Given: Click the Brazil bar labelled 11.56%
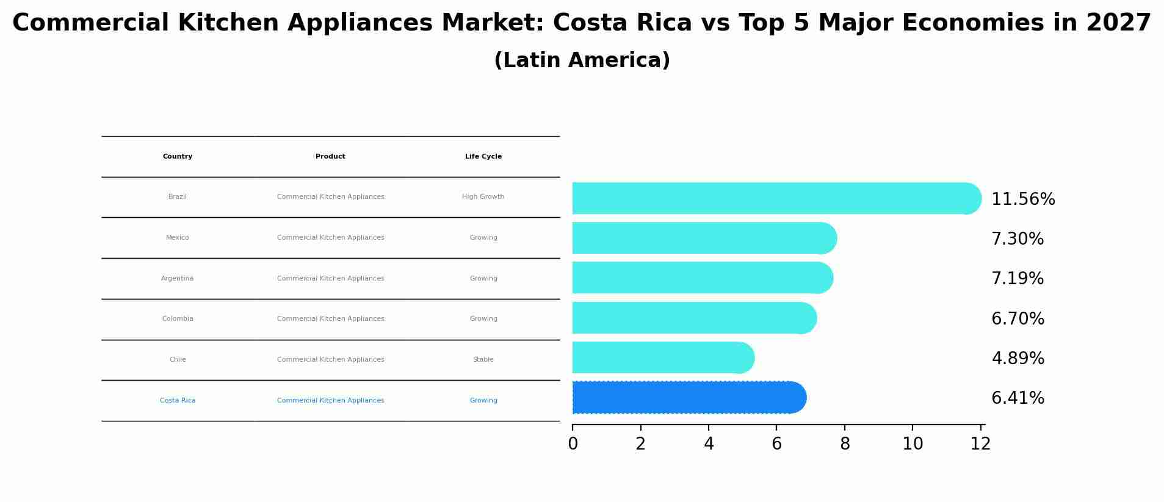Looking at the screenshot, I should pyautogui.click(x=775, y=198).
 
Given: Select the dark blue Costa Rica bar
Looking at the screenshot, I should pyautogui.click(x=689, y=397).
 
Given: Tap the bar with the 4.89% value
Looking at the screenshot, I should pyautogui.click(x=662, y=357).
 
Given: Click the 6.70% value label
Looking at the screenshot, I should pyautogui.click(x=1018, y=318).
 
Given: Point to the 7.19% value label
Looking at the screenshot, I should pyautogui.click(x=1017, y=278).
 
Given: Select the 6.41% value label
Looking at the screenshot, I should pyautogui.click(x=1018, y=398).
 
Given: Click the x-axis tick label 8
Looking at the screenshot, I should pyautogui.click(x=845, y=444).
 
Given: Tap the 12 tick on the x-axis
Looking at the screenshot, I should pyautogui.click(x=980, y=444).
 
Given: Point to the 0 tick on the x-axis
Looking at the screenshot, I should pyautogui.click(x=573, y=444).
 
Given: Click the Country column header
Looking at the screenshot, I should pyautogui.click(x=178, y=157).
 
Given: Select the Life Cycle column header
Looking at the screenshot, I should pyautogui.click(x=483, y=157).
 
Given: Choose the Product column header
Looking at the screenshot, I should pyautogui.click(x=330, y=157).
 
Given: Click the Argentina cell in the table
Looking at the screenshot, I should pyautogui.click(x=178, y=279).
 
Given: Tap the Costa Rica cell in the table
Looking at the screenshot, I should pyautogui.click(x=178, y=401).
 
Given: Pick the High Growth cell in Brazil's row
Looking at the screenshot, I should pyautogui.click(x=483, y=197).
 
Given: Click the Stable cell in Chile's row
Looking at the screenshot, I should pyautogui.click(x=483, y=360).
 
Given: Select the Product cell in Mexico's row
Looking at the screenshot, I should pyautogui.click(x=330, y=238).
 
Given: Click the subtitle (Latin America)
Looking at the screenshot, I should pyautogui.click(x=582, y=60).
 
